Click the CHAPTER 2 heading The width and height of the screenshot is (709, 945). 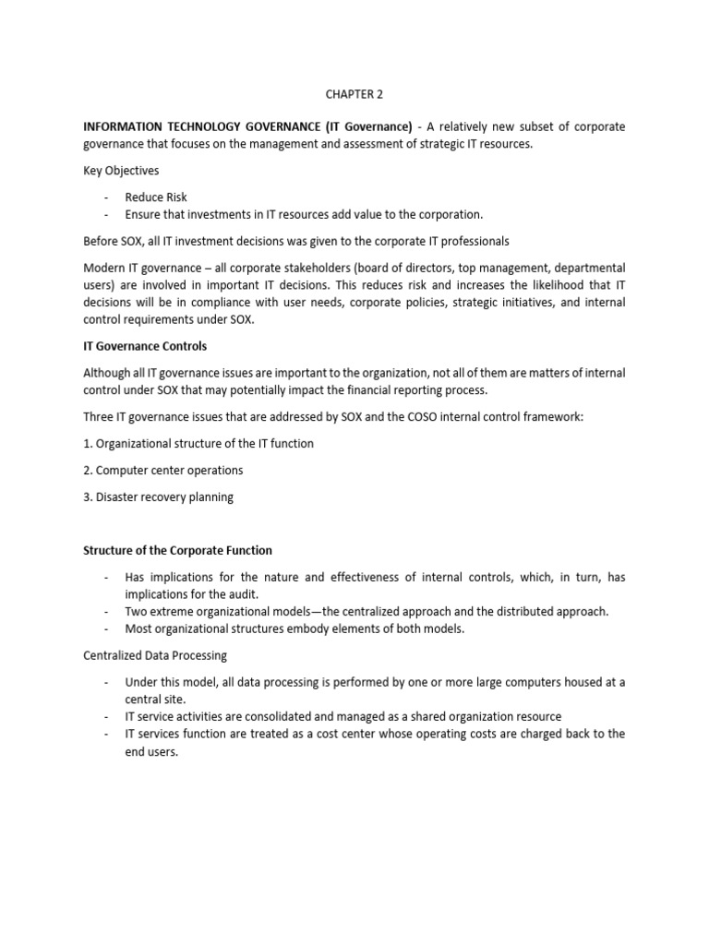coord(354,92)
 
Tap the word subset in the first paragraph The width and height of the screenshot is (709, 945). coord(526,126)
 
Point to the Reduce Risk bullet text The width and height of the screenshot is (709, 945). coord(156,197)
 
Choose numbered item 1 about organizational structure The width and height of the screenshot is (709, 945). coord(198,444)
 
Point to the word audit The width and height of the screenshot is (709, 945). coord(244,594)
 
